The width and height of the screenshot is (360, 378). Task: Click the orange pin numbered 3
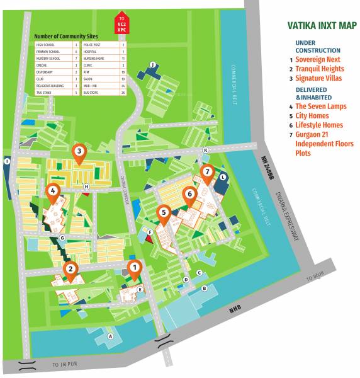coord(79,152)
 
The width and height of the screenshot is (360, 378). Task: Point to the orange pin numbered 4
coord(53,191)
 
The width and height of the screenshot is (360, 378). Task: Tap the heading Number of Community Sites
coord(65,37)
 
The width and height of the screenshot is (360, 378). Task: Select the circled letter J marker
coord(152,64)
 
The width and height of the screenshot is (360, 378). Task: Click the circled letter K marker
coord(205,150)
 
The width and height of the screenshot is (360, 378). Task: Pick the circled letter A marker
coord(111,336)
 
